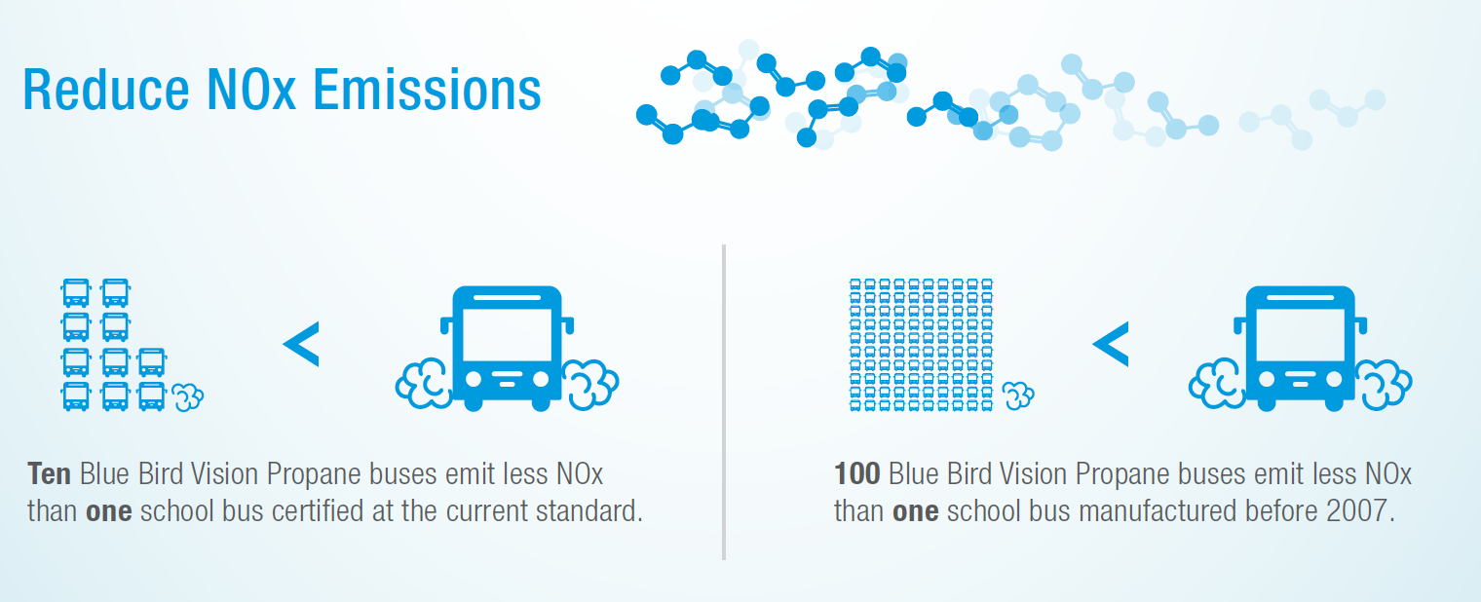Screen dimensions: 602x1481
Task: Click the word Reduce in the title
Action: (x=105, y=90)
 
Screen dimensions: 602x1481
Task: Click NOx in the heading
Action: (x=253, y=90)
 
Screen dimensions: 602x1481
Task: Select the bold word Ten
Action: (x=49, y=475)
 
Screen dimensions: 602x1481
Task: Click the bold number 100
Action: (x=857, y=475)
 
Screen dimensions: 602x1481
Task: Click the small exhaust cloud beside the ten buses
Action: (x=188, y=396)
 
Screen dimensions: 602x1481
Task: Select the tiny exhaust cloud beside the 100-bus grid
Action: (x=1019, y=395)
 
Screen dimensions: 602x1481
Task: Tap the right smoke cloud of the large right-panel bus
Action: (x=1384, y=381)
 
